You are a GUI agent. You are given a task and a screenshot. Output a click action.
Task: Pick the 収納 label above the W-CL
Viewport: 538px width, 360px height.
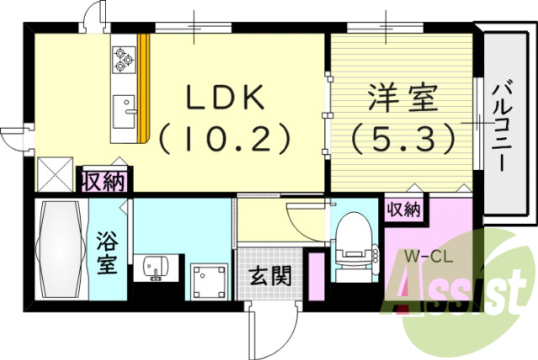pos(403,210)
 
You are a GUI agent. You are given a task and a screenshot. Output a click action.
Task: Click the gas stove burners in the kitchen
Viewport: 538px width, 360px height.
pos(123,57)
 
